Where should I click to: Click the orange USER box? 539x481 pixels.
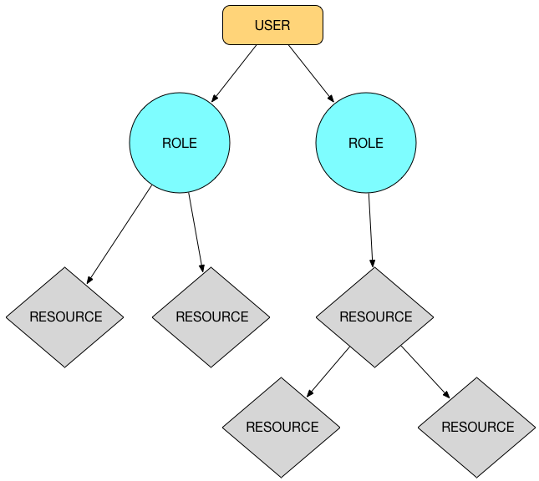(272, 25)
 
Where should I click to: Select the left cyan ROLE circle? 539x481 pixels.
(180, 143)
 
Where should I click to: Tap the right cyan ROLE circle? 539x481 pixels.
(366, 143)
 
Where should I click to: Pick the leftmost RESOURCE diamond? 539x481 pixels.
(65, 317)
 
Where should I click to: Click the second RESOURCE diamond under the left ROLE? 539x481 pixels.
(211, 317)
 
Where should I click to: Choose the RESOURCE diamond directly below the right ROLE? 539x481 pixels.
(375, 317)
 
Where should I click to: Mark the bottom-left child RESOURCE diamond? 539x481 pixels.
(282, 428)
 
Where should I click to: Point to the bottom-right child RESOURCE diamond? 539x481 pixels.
(477, 428)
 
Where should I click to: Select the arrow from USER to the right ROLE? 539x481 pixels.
(311, 73)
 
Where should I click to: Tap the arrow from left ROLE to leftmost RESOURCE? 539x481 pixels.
(119, 234)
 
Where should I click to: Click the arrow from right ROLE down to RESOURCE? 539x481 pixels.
(371, 230)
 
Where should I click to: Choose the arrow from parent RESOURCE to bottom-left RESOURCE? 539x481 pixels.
(328, 371)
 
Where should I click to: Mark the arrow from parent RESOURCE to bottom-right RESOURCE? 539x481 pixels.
(425, 371)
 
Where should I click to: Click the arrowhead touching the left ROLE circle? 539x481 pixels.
(215, 98)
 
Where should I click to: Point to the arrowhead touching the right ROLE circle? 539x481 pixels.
(330, 98)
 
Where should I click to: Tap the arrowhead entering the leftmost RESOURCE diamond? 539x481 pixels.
(89, 280)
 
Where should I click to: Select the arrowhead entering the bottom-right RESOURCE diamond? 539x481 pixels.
(447, 394)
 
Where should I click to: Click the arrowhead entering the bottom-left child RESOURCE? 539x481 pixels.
(311, 392)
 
